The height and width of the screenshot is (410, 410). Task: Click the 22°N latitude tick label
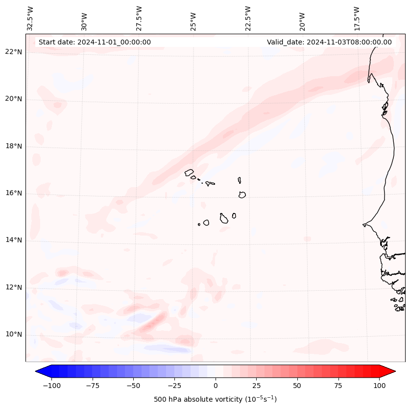[x=14, y=52]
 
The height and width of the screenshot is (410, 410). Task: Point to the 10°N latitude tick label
[x=14, y=335]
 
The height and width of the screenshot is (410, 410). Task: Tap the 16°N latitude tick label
[x=14, y=194]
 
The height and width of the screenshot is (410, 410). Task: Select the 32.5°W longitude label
[x=30, y=19]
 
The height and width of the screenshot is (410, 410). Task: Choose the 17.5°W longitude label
[x=357, y=19]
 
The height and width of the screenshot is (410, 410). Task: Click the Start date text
[x=95, y=42]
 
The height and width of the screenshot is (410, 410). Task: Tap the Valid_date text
[x=329, y=42]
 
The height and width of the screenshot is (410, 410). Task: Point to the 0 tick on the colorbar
[x=215, y=386]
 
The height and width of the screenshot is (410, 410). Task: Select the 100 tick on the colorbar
[x=379, y=386]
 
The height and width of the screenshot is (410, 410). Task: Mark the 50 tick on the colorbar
[x=297, y=386]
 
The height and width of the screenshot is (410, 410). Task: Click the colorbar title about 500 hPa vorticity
[x=215, y=399]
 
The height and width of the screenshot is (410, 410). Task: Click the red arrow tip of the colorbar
[x=393, y=372]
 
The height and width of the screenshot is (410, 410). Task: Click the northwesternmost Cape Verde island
[x=189, y=173]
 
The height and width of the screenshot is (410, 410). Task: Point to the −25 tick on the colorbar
[x=174, y=386]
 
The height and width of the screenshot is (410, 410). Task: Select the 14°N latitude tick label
[x=14, y=240]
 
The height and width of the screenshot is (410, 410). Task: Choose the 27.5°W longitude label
[x=139, y=19]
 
